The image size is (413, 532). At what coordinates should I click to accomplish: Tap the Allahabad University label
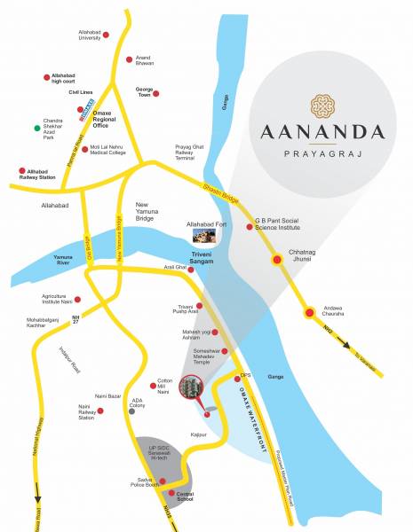click(79, 35)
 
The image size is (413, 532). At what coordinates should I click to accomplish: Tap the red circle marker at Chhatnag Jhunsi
click(277, 260)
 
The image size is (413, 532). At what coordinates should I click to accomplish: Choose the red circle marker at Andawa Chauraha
click(309, 311)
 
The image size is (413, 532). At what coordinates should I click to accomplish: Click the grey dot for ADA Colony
click(132, 411)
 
